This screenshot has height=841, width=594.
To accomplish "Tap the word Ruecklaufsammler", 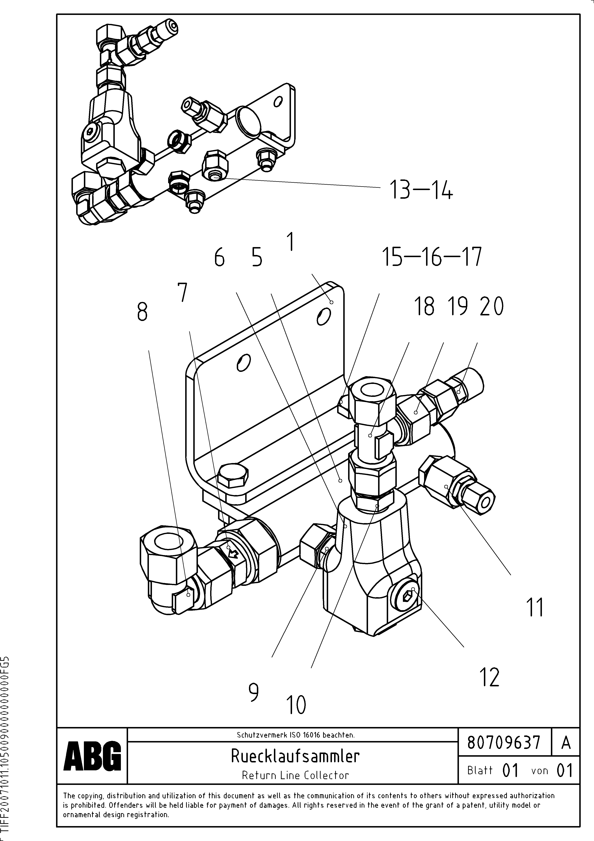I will (x=295, y=756).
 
